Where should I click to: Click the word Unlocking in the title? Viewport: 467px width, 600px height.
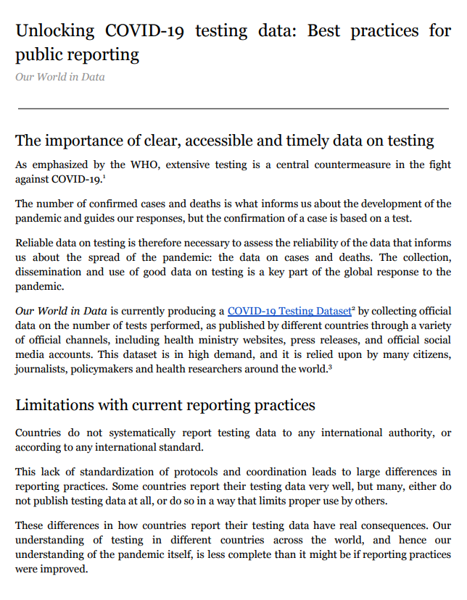click(x=55, y=31)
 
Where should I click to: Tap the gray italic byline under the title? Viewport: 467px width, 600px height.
click(x=59, y=77)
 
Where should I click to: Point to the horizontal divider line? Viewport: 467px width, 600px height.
click(x=233, y=109)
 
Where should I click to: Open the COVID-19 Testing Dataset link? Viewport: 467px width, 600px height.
click(x=289, y=311)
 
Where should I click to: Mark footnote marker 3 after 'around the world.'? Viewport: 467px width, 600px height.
click(x=330, y=367)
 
